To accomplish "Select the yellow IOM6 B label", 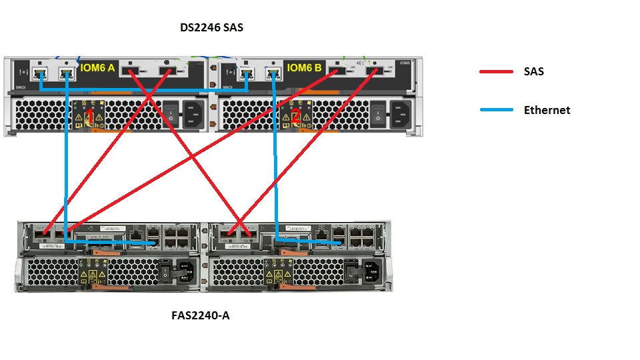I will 304,67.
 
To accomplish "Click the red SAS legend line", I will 497,71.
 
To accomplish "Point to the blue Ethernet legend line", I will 497,110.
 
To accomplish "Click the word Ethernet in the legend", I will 547,110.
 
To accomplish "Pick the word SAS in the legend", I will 533,71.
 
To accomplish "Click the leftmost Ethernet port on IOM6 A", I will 40,73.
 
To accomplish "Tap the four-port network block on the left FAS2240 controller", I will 178,236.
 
